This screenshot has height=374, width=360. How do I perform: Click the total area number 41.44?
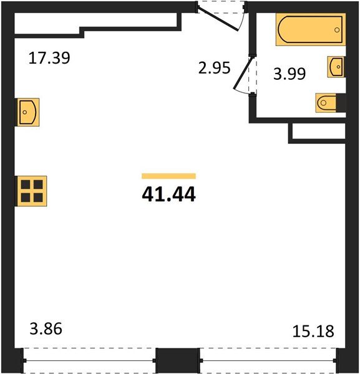tap(168, 195)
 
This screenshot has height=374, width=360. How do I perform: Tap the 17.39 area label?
tap(50, 59)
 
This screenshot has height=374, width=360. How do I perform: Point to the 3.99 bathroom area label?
tap(291, 75)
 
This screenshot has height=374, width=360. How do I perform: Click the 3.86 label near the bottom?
tap(47, 328)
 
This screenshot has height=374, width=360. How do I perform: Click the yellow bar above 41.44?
tap(168, 176)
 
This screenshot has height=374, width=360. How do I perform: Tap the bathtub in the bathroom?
tap(310, 31)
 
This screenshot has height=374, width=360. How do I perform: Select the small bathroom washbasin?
tap(336, 66)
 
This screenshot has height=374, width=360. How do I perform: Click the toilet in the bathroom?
tap(329, 102)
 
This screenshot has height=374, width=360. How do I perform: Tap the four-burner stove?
tap(31, 190)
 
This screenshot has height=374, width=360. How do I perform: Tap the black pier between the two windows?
tap(177, 360)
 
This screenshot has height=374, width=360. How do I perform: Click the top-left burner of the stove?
tap(26, 185)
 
